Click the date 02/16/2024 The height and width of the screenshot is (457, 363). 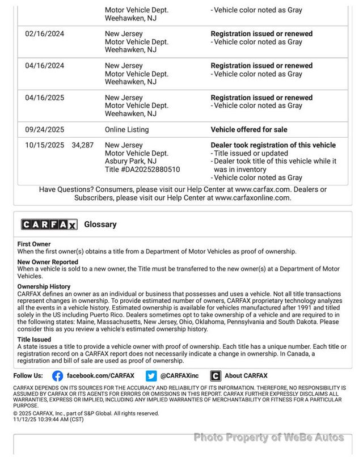pos(44,34)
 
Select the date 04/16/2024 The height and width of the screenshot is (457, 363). pos(44,66)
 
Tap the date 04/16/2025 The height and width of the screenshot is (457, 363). pos(44,98)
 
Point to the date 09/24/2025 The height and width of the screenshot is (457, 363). pos(44,129)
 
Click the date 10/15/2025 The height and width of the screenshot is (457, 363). pos(44,145)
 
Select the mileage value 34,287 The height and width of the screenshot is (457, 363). pos(83,145)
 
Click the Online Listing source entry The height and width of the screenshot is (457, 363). pos(126,129)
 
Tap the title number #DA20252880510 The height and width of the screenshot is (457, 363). pos(142,169)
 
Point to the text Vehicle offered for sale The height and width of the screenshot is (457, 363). pos(249,129)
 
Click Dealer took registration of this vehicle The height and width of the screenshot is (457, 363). pos(273,145)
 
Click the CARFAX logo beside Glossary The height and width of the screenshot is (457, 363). pos(49,225)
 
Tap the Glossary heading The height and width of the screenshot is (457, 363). pos(100,225)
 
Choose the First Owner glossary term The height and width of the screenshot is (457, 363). pos(34,244)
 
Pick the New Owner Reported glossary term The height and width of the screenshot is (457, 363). pos(48,262)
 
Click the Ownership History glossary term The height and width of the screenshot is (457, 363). pos(44,287)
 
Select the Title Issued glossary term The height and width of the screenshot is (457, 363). pos(35,339)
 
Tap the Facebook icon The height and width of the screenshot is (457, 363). pos(57,375)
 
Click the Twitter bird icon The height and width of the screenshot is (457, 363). pos(151,375)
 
